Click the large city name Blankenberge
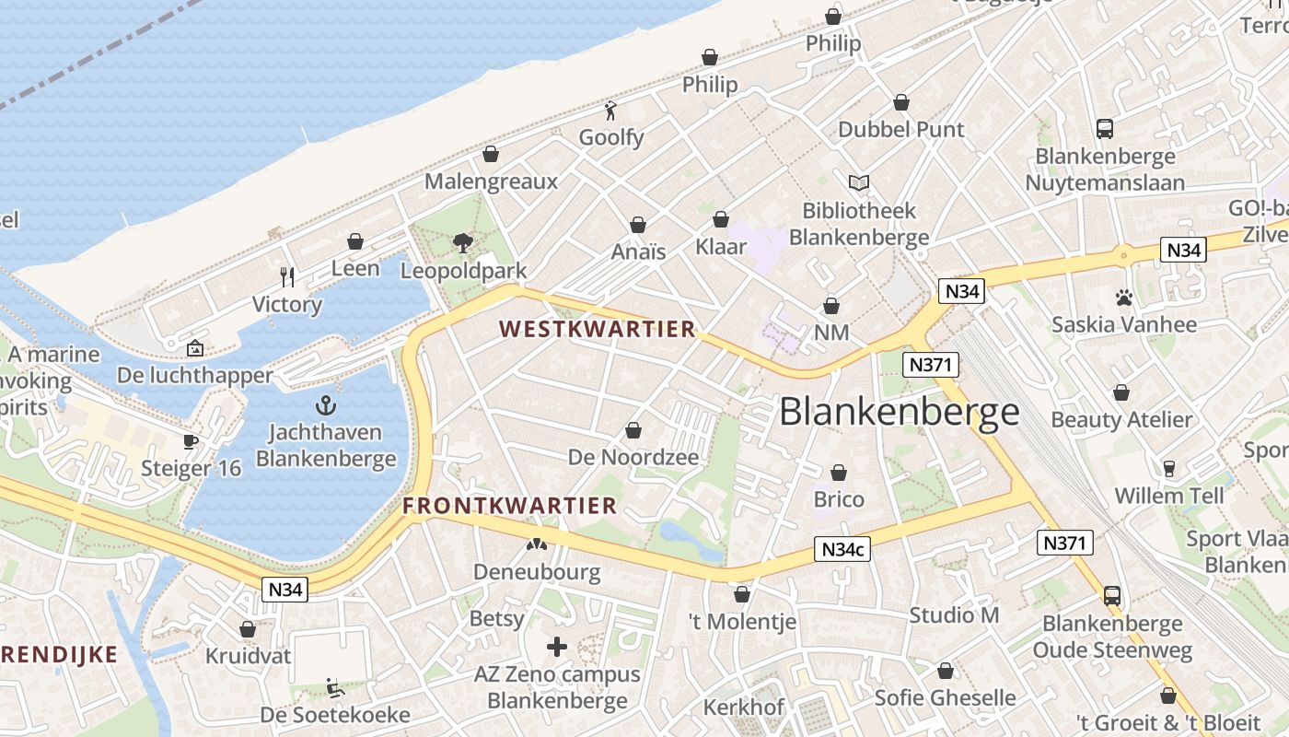(900, 412)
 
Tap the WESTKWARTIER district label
(597, 329)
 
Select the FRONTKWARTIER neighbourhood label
(509, 505)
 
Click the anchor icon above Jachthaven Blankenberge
(326, 404)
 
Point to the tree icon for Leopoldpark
(463, 243)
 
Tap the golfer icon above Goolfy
(610, 111)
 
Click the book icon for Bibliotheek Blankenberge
(859, 183)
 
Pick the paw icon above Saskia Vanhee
(1124, 298)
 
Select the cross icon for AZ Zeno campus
(557, 647)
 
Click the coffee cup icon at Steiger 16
(191, 441)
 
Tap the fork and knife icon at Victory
(287, 276)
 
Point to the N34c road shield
(842, 550)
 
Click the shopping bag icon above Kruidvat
(248, 629)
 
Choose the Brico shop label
(839, 499)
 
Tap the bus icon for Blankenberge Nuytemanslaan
(1105, 129)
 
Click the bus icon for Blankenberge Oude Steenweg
(1112, 596)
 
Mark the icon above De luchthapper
(195, 348)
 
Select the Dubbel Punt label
(901, 130)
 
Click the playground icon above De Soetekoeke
(335, 687)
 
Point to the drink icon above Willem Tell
(1169, 469)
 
